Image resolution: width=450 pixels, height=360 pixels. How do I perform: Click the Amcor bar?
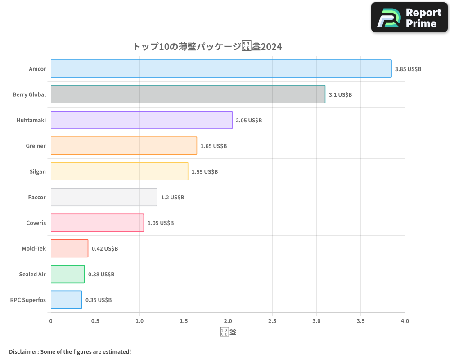(221, 69)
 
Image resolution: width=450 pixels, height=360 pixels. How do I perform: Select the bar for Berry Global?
(188, 94)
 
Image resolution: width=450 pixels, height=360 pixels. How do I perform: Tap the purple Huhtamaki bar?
(141, 120)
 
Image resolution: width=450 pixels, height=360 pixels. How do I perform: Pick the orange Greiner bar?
(124, 146)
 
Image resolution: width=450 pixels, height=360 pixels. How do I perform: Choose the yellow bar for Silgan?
(119, 171)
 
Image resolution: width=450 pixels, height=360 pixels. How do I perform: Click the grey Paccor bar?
(104, 197)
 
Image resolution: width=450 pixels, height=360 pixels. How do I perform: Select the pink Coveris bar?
(97, 223)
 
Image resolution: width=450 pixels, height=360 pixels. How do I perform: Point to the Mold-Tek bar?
(69, 248)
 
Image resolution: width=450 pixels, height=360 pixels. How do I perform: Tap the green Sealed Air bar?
(67, 274)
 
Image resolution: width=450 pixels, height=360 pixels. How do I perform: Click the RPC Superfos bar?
(66, 300)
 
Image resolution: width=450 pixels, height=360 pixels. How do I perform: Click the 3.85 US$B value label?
(408, 69)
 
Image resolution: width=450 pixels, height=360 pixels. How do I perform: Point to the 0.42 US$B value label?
(105, 248)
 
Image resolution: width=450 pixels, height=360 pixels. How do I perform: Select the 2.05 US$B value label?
(249, 121)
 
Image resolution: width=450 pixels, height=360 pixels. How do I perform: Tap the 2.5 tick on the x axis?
(272, 321)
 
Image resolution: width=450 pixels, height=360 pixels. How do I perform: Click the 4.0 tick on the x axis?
(405, 321)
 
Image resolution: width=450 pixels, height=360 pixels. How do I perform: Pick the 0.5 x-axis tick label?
(95, 321)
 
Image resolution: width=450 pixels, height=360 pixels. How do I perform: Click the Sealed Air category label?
(32, 274)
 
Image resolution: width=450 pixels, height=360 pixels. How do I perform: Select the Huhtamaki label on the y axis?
(31, 120)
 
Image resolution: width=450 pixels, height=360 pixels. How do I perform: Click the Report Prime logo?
(409, 18)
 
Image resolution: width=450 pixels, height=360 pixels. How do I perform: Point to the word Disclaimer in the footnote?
(23, 351)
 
